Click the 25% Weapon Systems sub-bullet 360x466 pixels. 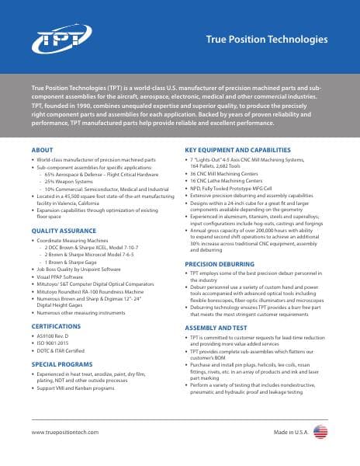click(x=70, y=183)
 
